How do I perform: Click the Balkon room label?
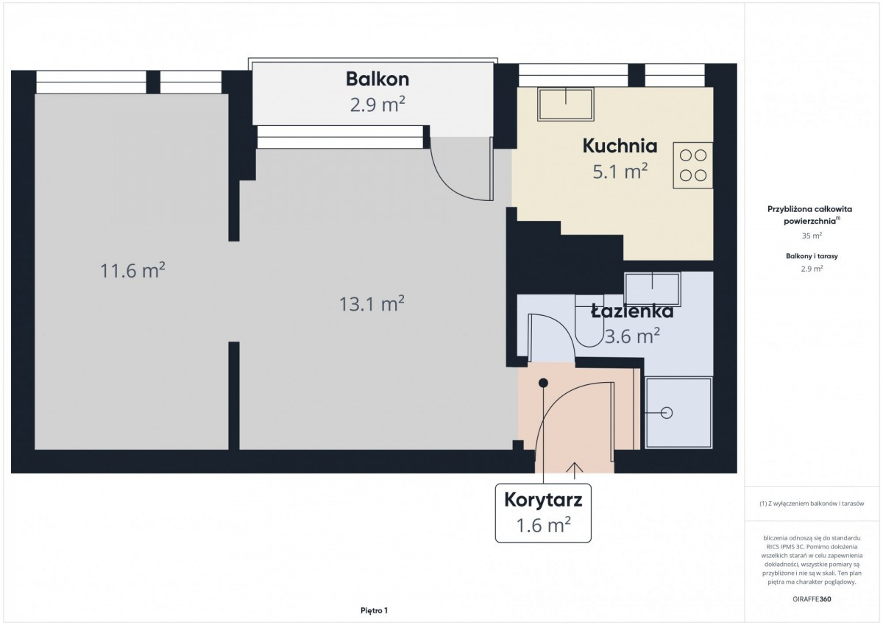click(x=377, y=80)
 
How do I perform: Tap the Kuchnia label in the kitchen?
click(x=620, y=146)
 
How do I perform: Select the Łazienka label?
click(x=632, y=311)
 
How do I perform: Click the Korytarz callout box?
click(x=543, y=512)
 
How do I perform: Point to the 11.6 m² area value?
click(x=132, y=270)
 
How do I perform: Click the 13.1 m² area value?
click(x=372, y=303)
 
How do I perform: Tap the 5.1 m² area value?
click(x=620, y=171)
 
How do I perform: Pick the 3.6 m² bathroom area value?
click(x=632, y=336)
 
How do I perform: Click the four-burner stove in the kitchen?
click(x=693, y=165)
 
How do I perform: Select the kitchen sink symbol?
click(x=566, y=105)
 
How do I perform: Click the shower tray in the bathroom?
click(x=678, y=413)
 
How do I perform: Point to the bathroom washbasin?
click(x=653, y=289)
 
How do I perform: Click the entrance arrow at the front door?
click(x=575, y=470)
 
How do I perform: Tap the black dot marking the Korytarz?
click(x=543, y=383)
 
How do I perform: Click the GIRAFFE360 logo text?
click(x=812, y=599)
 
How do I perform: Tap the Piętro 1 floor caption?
click(x=374, y=610)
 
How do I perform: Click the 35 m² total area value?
click(x=812, y=236)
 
